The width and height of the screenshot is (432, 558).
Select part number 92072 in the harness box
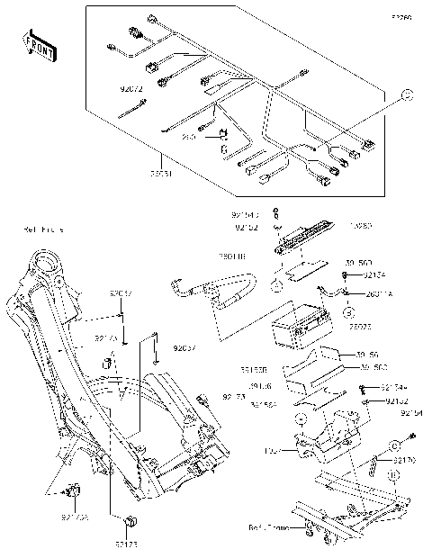click(x=131, y=90)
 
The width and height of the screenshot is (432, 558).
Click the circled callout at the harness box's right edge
click(x=406, y=94)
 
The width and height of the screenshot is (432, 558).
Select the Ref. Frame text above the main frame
click(x=43, y=230)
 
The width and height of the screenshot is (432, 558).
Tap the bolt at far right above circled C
click(x=411, y=435)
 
